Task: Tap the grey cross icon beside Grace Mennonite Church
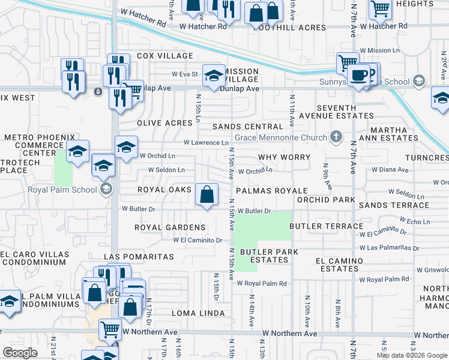[336, 137]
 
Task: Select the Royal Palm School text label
[62, 190]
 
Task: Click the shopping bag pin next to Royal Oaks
[206, 195]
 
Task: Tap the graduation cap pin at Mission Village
[213, 76]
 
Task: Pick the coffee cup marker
[360, 76]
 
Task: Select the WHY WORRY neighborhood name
[284, 157]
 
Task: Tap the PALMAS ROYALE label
[271, 190]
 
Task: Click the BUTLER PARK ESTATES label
[269, 256]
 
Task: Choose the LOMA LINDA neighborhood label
[197, 313]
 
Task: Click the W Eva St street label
[185, 74]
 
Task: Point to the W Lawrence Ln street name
[206, 143]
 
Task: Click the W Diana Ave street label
[390, 170]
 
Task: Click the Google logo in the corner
[20, 353]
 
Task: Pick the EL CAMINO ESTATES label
[340, 265]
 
